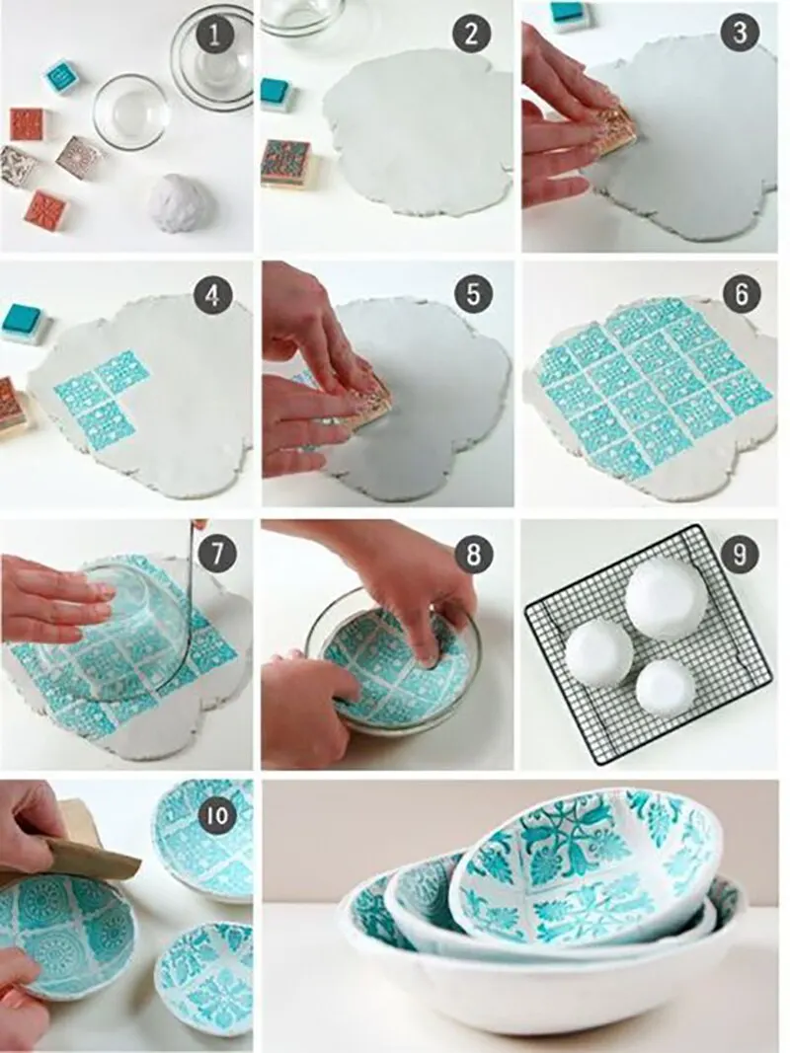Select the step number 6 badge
(x=741, y=294)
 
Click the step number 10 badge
(x=217, y=815)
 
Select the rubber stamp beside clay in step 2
(x=286, y=163)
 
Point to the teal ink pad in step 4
(x=26, y=323)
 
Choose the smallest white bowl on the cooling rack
(x=666, y=686)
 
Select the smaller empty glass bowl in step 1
(x=129, y=113)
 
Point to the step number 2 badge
(x=472, y=34)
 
